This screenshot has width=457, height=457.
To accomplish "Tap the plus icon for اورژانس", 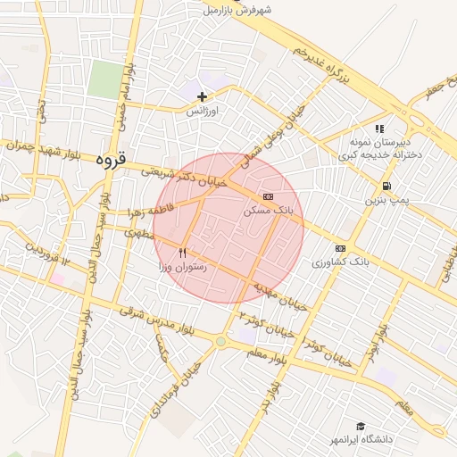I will tap(203, 96).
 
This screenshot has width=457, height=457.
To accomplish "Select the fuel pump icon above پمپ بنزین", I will tap(386, 187).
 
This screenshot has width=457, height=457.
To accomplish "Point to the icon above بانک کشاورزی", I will tap(340, 247).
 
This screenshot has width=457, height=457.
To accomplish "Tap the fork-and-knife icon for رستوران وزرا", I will tap(183, 253).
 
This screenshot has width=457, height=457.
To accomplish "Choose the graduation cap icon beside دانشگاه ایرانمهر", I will tap(361, 427).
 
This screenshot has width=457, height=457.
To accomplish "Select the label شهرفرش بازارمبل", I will tap(236, 10).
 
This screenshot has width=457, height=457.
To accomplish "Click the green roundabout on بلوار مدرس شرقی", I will tap(220, 341).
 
